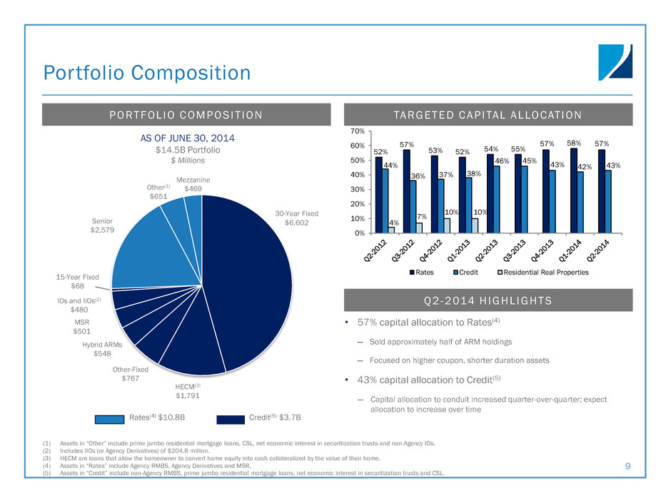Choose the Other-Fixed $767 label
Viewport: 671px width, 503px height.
click(130, 374)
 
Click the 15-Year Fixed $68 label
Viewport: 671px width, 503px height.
click(78, 281)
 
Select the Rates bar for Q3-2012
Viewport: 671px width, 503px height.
click(407, 190)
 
